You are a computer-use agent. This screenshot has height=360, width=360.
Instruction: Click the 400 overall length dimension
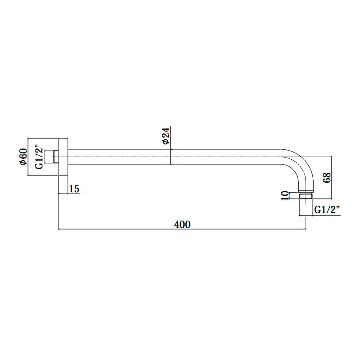182,224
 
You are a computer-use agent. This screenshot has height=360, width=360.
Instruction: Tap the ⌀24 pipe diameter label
166,136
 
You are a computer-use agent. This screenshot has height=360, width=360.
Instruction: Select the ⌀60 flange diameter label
23,157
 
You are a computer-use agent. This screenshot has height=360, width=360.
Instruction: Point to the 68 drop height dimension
327,177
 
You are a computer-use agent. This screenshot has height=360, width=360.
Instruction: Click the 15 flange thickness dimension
74,189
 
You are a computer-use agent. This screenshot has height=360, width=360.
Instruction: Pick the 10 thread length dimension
285,196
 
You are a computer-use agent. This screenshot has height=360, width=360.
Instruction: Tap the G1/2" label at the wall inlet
39,157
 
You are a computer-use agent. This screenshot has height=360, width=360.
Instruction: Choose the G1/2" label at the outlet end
327,210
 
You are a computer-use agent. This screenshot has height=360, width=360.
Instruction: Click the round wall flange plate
63,157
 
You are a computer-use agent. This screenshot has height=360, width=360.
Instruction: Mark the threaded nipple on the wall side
55,157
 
